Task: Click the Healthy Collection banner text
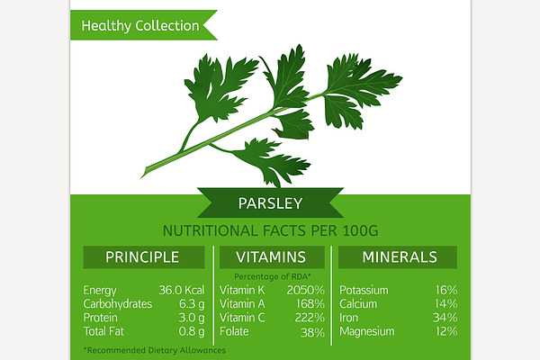(x=140, y=26)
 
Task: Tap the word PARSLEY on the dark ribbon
(x=270, y=203)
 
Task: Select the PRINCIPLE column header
(x=142, y=257)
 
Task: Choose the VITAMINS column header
(x=271, y=257)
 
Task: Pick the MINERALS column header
(x=400, y=257)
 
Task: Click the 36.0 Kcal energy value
(x=182, y=290)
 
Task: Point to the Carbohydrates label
(x=117, y=304)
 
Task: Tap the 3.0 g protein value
(x=192, y=318)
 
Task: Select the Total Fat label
(x=103, y=331)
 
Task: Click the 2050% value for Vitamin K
(x=305, y=290)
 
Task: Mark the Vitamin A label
(x=242, y=304)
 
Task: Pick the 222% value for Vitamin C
(x=310, y=318)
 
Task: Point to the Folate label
(x=234, y=331)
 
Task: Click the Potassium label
(x=364, y=290)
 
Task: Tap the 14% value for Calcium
(x=446, y=304)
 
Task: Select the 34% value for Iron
(x=445, y=318)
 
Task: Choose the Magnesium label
(x=367, y=332)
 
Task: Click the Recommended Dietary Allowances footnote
(x=155, y=350)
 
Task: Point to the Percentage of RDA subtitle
(x=273, y=276)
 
